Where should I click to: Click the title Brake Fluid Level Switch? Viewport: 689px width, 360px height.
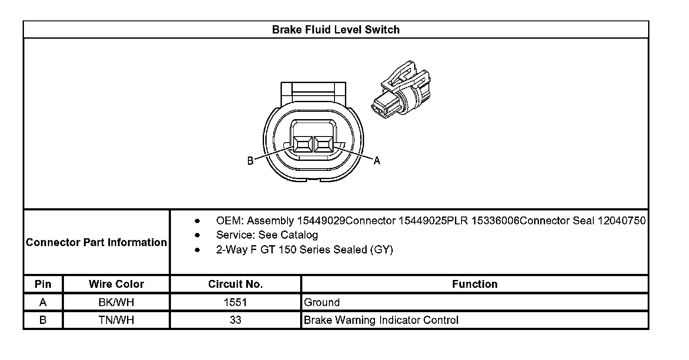[x=336, y=30]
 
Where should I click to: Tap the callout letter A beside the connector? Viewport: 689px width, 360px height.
[x=377, y=160]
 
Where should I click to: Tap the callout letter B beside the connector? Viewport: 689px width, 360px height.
[x=251, y=161]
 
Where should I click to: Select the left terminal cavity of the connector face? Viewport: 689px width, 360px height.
[x=303, y=144]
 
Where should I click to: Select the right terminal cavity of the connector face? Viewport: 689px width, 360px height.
[x=323, y=144]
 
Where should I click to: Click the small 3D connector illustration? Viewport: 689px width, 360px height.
[x=401, y=90]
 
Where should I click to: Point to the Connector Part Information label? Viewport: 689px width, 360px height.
[x=96, y=242]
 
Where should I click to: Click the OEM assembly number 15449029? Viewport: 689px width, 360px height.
[x=321, y=221]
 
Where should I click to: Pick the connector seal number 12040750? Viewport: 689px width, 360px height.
[x=621, y=221]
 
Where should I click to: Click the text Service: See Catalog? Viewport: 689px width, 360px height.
[x=267, y=235]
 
